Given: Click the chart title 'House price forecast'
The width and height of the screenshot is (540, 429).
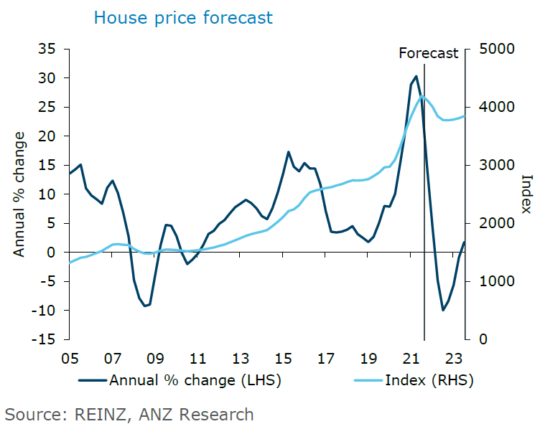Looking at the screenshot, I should (183, 17).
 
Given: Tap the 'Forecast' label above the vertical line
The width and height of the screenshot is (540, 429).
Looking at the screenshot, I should (428, 53).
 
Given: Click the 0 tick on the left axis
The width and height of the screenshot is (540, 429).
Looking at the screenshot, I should (52, 253).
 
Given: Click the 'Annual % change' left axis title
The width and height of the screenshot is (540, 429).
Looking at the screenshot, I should (19, 194).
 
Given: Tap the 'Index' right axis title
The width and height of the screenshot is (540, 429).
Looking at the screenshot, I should (526, 194).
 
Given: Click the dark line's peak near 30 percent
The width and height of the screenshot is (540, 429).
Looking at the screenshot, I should (416, 76).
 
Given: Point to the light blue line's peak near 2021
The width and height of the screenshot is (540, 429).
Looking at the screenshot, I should (423, 96).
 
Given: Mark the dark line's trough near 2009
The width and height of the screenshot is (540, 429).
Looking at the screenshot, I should (145, 306).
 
